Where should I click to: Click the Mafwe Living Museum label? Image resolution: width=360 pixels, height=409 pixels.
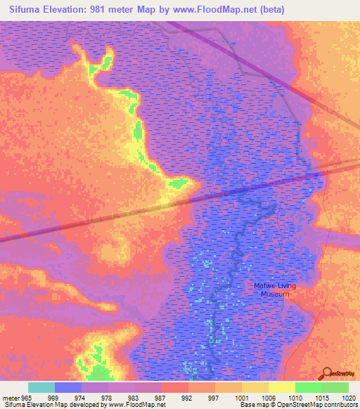click(x=275, y=290)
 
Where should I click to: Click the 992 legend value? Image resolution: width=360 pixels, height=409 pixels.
click(x=187, y=397)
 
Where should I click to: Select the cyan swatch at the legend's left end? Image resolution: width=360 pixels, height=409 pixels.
click(x=41, y=387)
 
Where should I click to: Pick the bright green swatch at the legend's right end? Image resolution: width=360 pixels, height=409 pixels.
click(x=335, y=387)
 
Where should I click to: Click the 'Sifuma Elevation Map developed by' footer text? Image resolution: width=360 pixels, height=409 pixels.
click(x=51, y=405)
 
